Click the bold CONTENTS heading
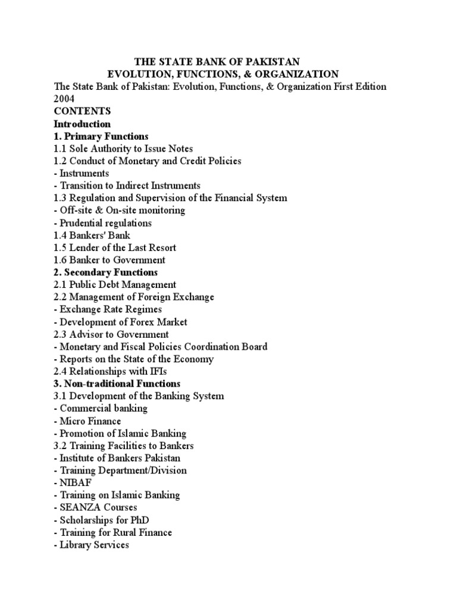click(x=82, y=111)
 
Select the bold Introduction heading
click(x=82, y=124)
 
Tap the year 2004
click(x=64, y=99)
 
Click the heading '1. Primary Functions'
click(x=101, y=136)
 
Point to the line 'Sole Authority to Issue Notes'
click(x=123, y=149)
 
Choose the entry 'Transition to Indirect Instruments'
click(x=127, y=186)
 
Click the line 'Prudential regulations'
click(x=102, y=223)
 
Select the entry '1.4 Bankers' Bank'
click(x=92, y=235)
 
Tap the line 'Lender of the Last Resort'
click(x=115, y=247)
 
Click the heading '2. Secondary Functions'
click(x=105, y=272)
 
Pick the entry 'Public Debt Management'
click(x=115, y=284)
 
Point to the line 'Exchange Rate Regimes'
click(x=107, y=309)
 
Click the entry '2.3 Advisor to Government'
click(x=111, y=334)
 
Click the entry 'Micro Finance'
click(x=87, y=420)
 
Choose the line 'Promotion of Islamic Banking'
click(x=120, y=433)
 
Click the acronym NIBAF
click(x=74, y=482)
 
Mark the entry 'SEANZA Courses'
click(x=95, y=507)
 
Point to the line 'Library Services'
click(x=91, y=544)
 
